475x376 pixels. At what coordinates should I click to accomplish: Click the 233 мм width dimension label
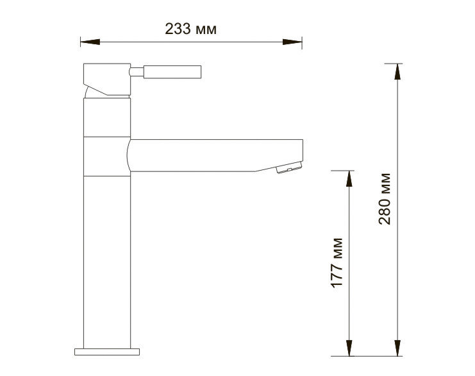190,29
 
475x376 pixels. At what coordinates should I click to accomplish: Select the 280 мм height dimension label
385,199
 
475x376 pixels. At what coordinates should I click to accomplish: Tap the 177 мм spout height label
337,262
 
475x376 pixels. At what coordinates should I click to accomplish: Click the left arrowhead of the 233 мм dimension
90,42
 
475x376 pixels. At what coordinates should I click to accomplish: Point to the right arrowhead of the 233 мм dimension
292,42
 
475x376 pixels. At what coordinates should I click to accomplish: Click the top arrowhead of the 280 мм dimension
397,72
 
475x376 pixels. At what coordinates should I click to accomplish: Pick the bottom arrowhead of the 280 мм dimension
397,348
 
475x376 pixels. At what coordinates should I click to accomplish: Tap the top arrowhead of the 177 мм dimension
349,178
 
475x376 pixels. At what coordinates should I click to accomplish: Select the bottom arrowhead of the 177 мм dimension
349,348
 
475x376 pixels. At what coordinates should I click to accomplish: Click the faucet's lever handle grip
172,72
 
